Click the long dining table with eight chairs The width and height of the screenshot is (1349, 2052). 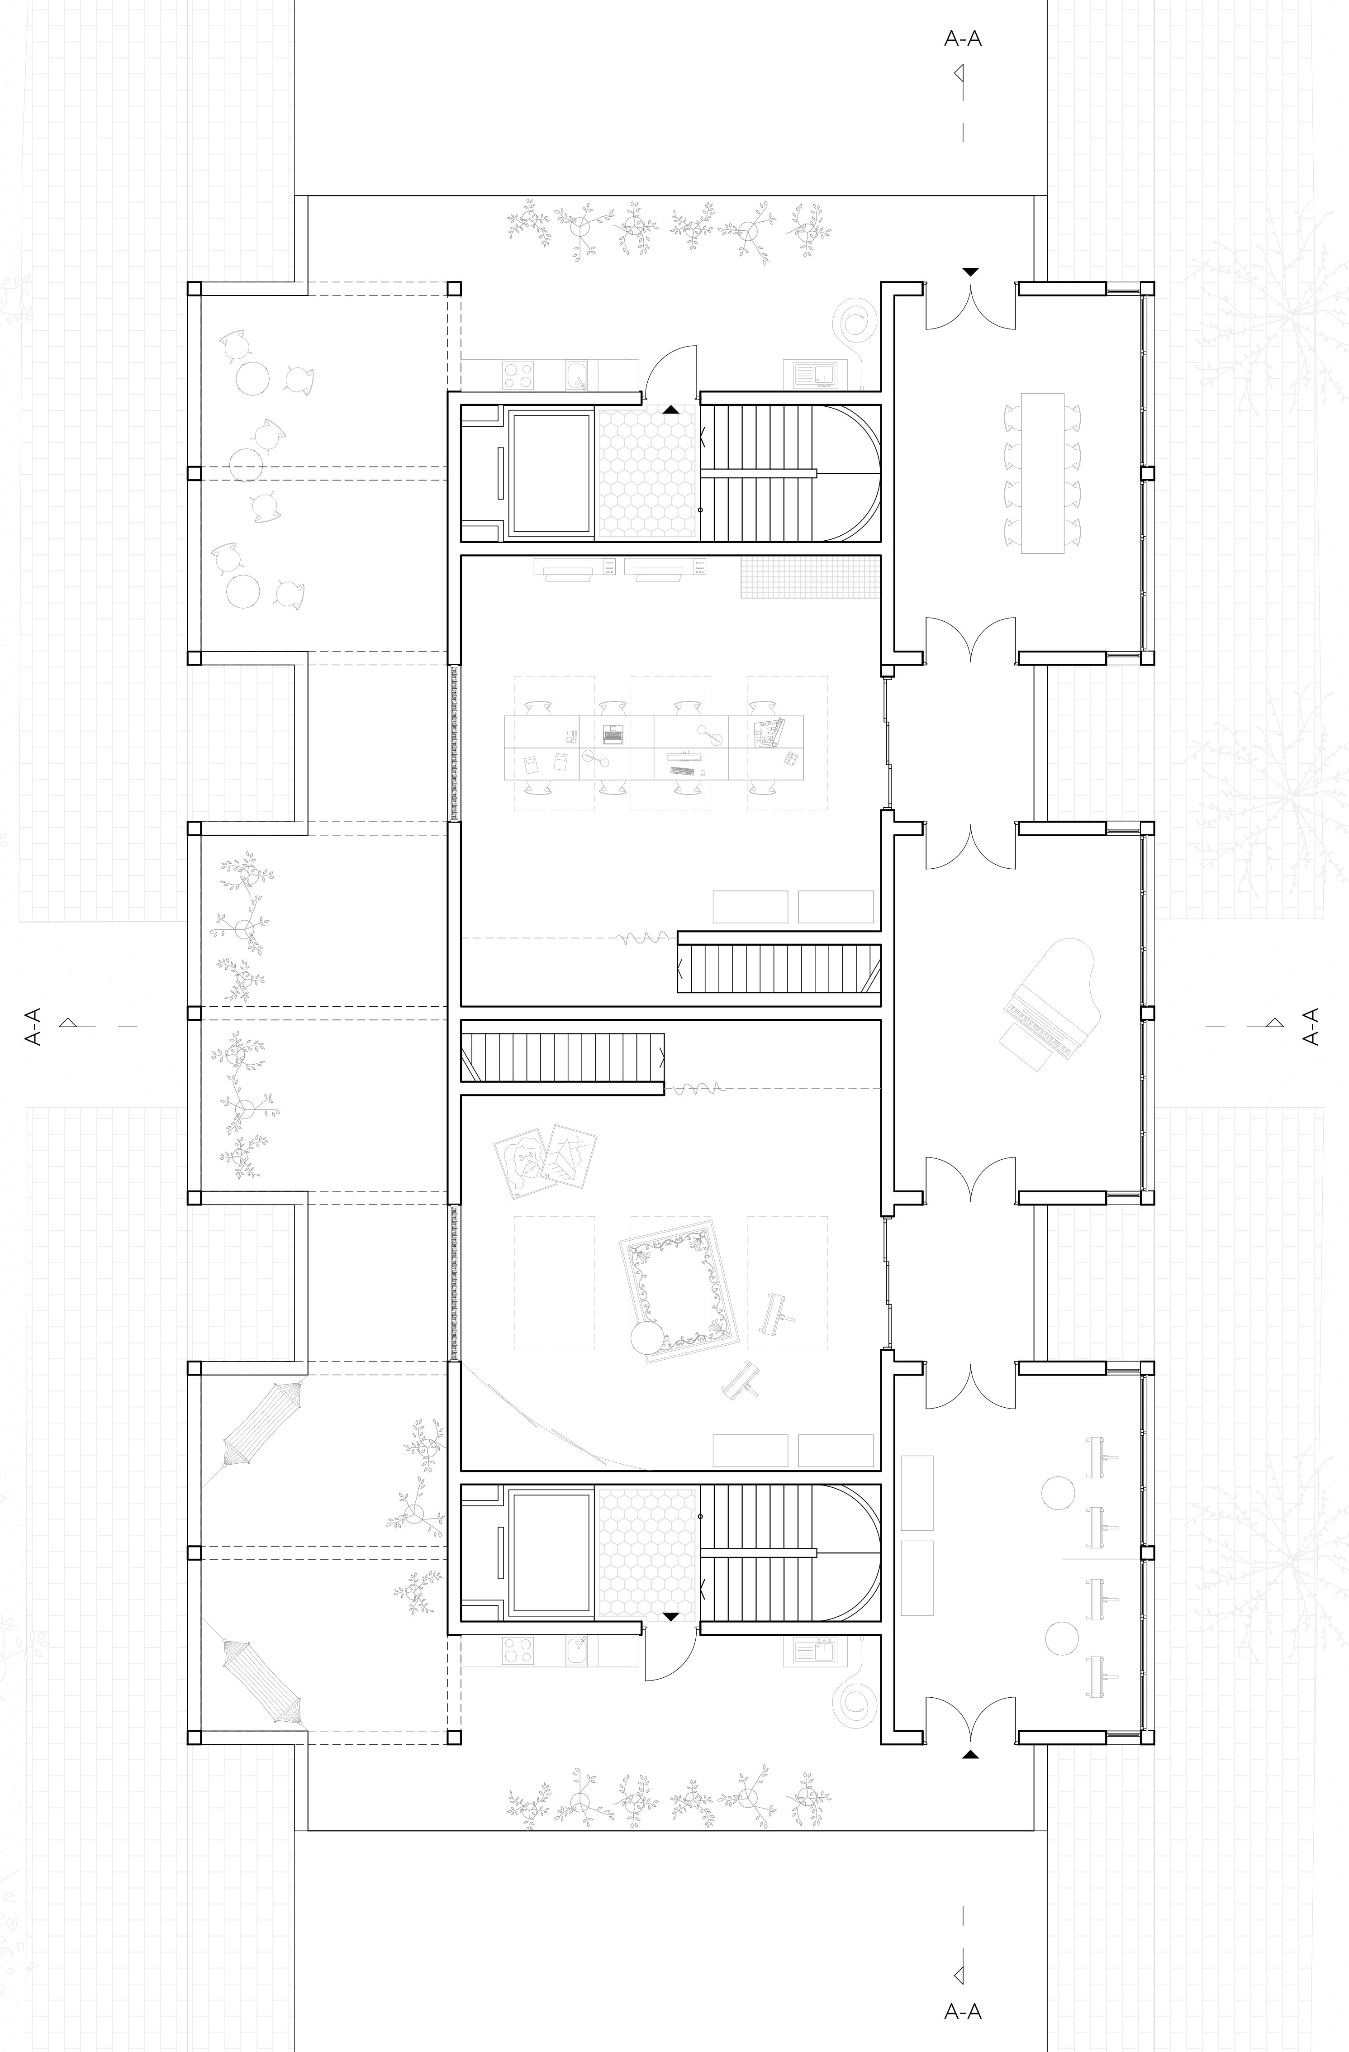pyautogui.click(x=1042, y=472)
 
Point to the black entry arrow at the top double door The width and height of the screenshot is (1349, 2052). pyautogui.click(x=971, y=271)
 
